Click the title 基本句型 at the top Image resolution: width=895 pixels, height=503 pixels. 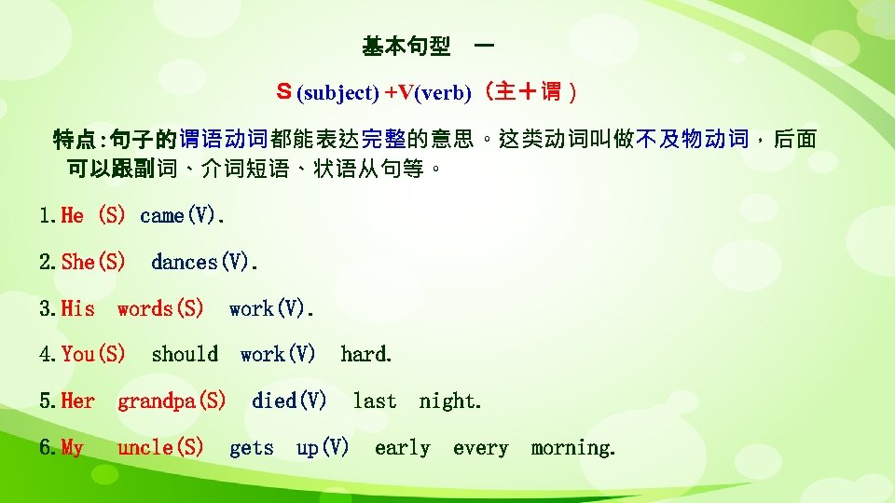406,46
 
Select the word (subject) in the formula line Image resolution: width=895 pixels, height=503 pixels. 337,93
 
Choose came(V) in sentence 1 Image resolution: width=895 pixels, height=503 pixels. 182,216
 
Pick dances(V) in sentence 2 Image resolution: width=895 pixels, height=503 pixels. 204,263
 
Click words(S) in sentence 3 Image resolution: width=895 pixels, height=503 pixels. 160,308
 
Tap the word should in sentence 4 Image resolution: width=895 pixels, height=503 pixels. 185,355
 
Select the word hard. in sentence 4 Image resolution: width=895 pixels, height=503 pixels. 366,355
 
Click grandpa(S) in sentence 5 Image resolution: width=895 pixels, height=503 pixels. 172,401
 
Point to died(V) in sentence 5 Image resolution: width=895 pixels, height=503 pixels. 289,401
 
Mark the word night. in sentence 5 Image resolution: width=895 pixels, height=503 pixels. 450,401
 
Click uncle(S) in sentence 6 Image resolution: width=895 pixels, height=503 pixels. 160,448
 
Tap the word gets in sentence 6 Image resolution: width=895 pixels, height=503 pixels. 252,448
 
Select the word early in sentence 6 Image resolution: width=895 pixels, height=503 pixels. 403,448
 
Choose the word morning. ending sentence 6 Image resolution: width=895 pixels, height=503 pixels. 573,448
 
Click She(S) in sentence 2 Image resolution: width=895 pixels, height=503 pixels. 93,263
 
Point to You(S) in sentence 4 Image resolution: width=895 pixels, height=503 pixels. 93,355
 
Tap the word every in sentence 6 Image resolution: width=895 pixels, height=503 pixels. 480,448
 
